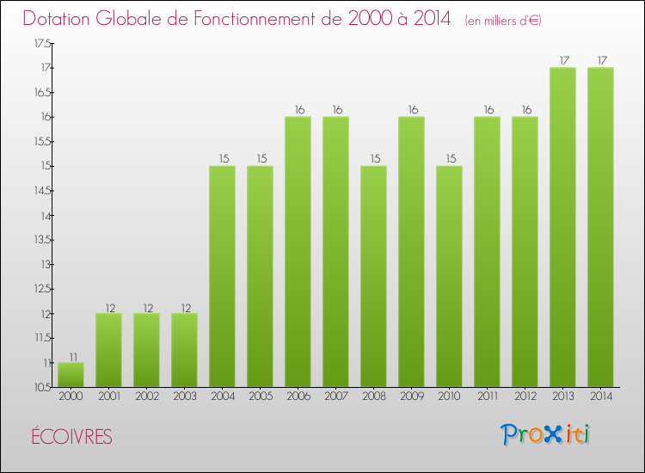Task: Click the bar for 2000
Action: pyautogui.click(x=71, y=375)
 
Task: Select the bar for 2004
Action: pyautogui.click(x=222, y=276)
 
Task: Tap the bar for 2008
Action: pyautogui.click(x=373, y=276)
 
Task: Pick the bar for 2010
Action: pyautogui.click(x=449, y=276)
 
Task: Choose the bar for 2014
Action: pyautogui.click(x=600, y=227)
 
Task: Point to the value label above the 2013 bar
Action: pyautogui.click(x=562, y=60)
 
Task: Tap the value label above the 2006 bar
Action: pyautogui.click(x=298, y=110)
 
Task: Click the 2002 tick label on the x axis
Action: pyautogui.click(x=146, y=396)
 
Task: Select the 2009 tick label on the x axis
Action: pyautogui.click(x=411, y=396)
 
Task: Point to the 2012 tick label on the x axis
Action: pyautogui.click(x=525, y=396)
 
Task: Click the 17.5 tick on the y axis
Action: pyautogui.click(x=42, y=43)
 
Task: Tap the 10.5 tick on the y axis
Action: pyautogui.click(x=42, y=388)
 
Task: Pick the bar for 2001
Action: pyautogui.click(x=108, y=350)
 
